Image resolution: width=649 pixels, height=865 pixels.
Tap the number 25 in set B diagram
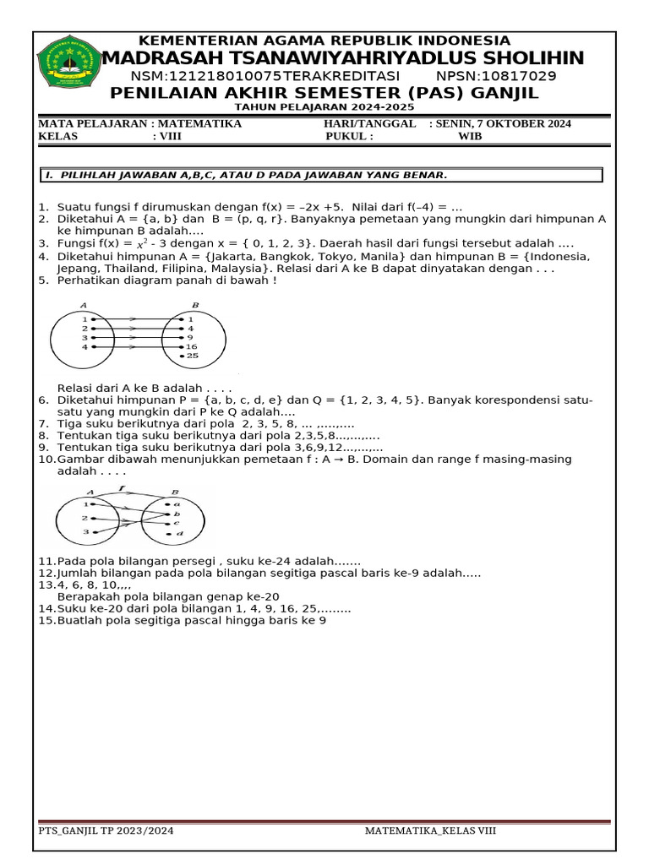(x=193, y=356)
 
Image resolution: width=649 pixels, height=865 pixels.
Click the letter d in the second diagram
(x=179, y=534)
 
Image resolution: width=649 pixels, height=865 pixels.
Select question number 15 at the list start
(x=46, y=620)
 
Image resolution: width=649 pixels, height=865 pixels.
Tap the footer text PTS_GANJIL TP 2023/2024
(x=106, y=830)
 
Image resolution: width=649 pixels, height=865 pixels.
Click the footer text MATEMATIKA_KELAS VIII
(x=430, y=830)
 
